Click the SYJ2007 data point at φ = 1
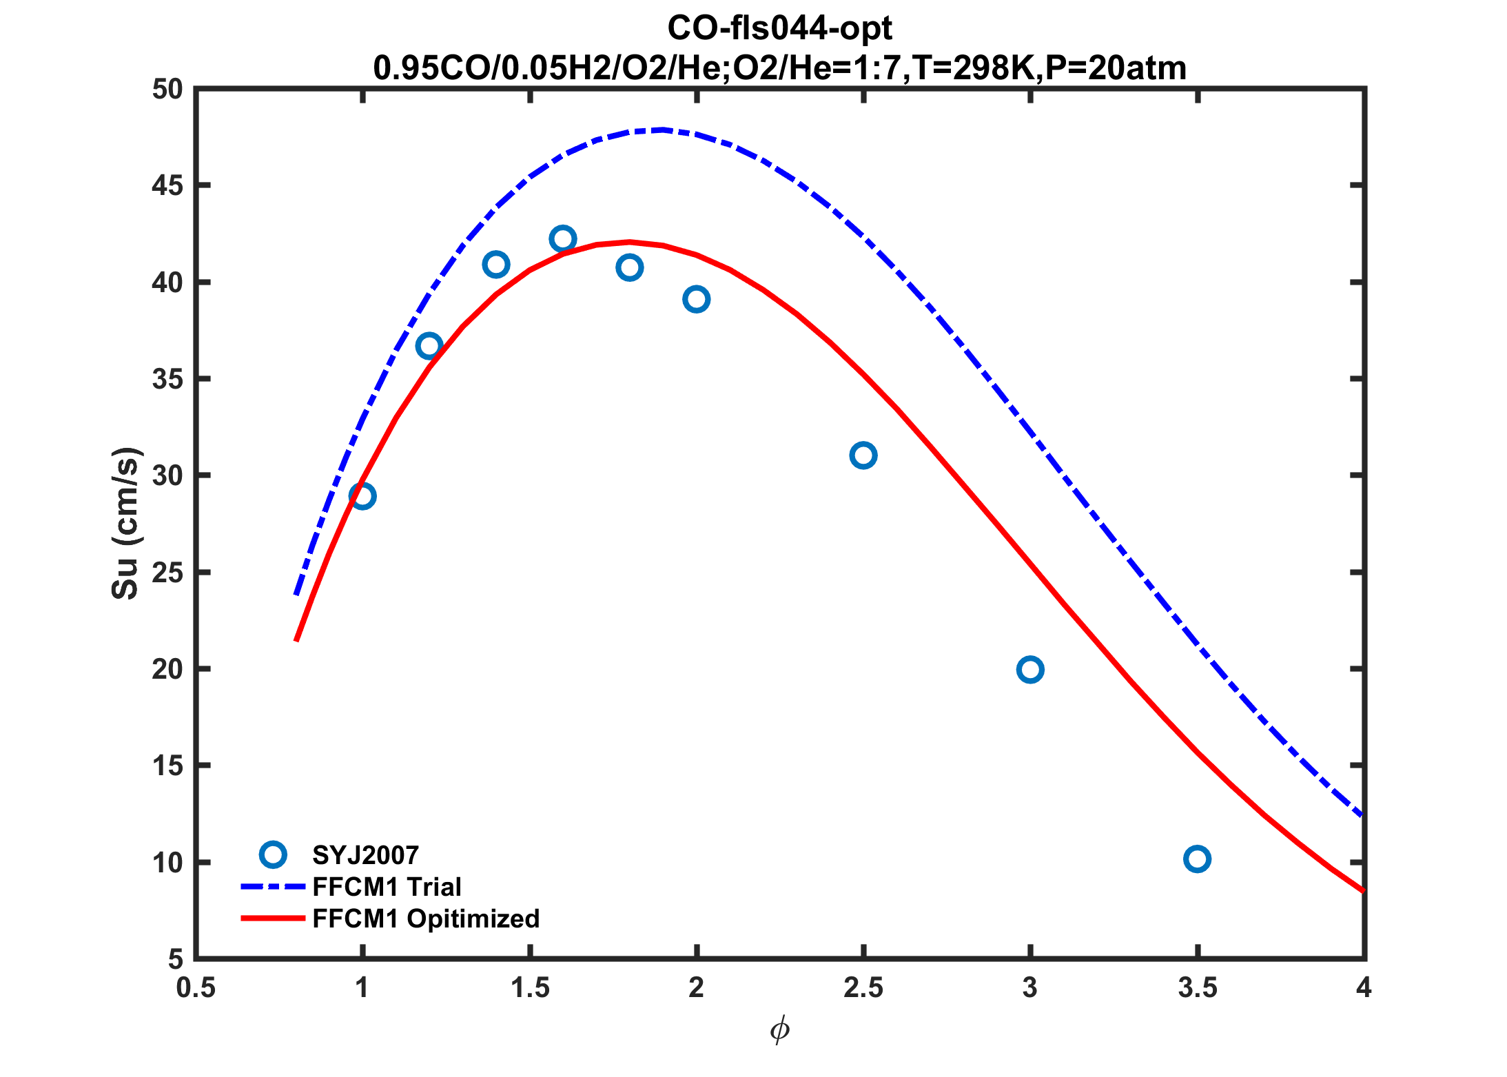(x=362, y=495)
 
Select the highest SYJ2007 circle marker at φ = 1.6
(x=563, y=239)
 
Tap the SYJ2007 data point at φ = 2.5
(x=863, y=455)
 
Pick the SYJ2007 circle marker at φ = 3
(x=1030, y=669)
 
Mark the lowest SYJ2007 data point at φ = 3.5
(x=1198, y=859)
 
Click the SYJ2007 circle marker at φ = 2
(x=697, y=300)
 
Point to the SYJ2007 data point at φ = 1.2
(x=429, y=346)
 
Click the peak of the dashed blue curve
(x=662, y=130)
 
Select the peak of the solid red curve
(x=630, y=242)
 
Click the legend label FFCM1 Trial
(x=387, y=887)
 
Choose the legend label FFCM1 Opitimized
(x=426, y=919)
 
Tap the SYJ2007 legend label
(x=365, y=855)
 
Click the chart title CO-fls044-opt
(x=779, y=28)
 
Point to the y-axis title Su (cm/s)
(x=126, y=524)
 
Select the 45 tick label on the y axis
(x=167, y=186)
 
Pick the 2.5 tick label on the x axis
(x=863, y=988)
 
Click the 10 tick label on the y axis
(x=167, y=863)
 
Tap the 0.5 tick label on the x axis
(x=196, y=988)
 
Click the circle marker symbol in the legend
(x=273, y=854)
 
